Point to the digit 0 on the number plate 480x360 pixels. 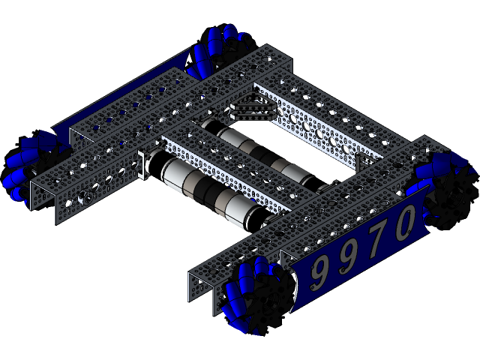pos(405,223)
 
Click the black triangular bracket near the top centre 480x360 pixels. pos(247,109)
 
